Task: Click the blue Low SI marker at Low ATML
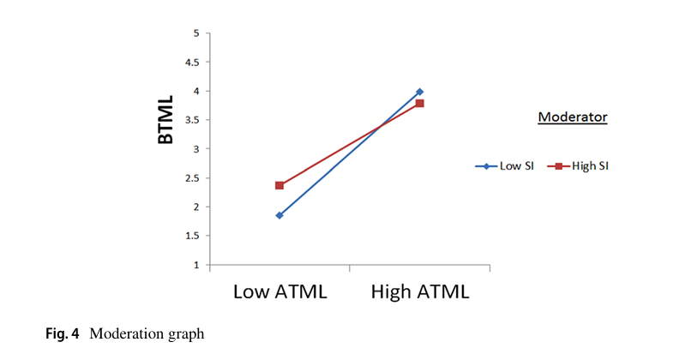279,215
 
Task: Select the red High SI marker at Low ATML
279,185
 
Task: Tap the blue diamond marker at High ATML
419,92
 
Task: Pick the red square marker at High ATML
419,104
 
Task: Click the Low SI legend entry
504,166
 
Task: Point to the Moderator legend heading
572,117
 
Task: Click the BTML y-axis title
165,119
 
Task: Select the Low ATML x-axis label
280,291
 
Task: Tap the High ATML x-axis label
420,291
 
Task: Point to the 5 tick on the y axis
195,33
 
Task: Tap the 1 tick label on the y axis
195,265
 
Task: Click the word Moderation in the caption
121,334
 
